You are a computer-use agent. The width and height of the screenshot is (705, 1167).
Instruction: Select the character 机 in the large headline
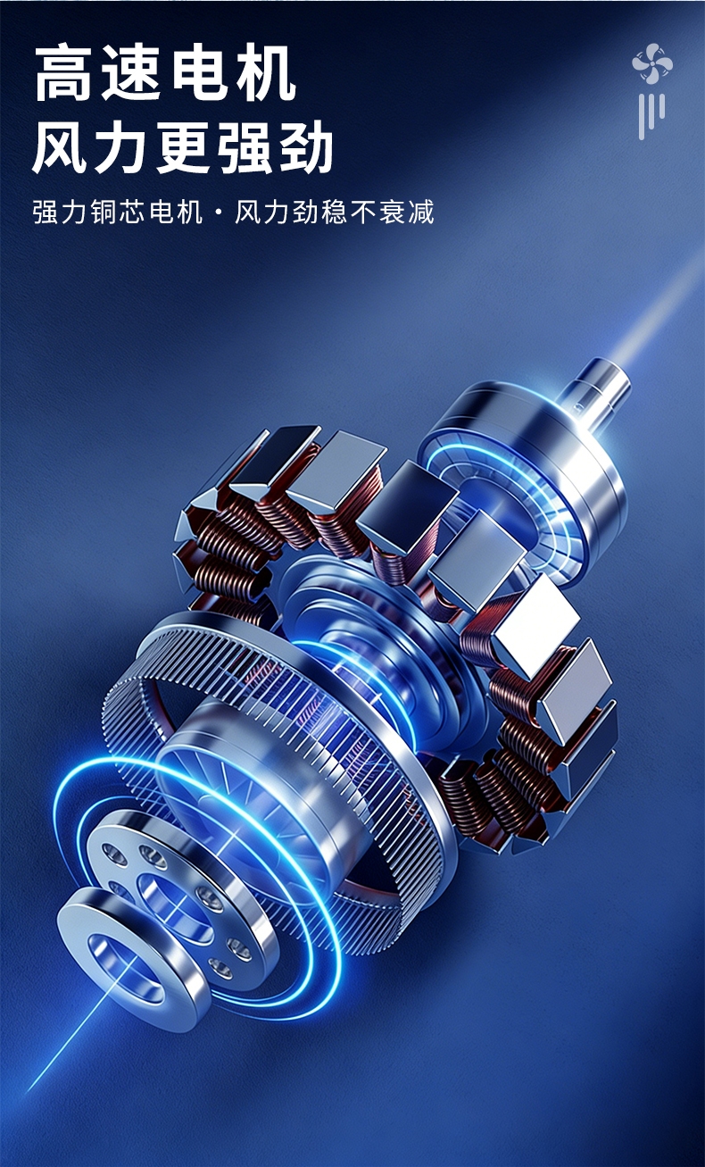pyautogui.click(x=266, y=72)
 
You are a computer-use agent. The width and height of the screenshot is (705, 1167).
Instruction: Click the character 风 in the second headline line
pyautogui.click(x=62, y=146)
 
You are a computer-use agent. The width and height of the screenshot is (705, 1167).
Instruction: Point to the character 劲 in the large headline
pyautogui.click(x=303, y=146)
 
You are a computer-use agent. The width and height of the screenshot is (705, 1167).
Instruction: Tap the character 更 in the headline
pyautogui.click(x=183, y=146)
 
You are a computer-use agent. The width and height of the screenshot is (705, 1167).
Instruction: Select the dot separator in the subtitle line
pyautogui.click(x=218, y=213)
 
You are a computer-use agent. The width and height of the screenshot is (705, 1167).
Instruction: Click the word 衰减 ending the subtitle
pyautogui.click(x=407, y=212)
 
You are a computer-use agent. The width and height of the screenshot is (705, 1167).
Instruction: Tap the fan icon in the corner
pyautogui.click(x=651, y=63)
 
